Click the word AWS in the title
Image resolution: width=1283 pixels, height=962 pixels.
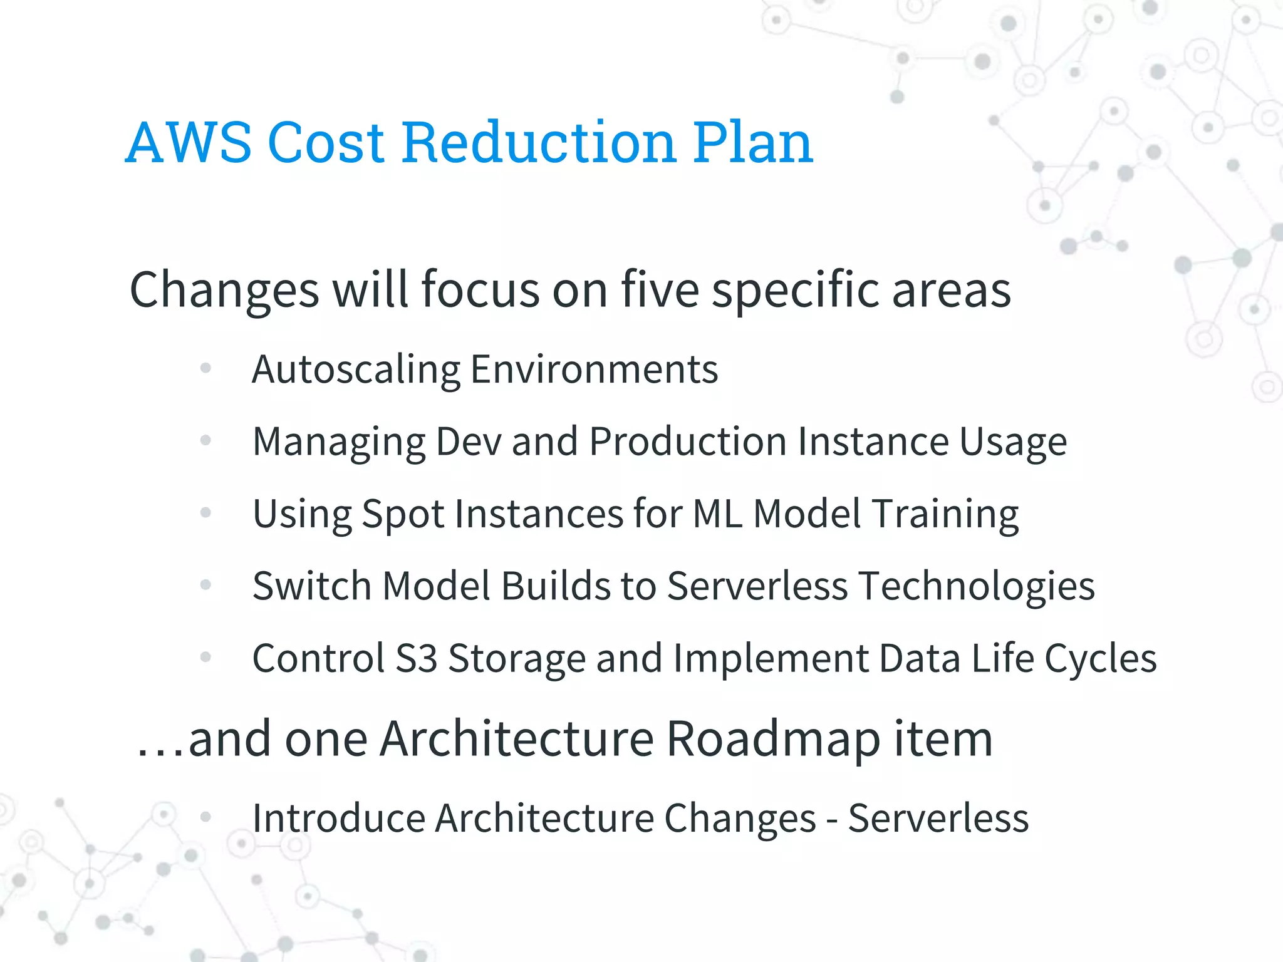tap(189, 143)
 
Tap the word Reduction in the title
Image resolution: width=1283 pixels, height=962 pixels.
tap(539, 143)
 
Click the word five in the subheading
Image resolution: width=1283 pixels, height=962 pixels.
tap(660, 289)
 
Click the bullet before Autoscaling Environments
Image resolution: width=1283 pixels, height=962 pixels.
tap(205, 368)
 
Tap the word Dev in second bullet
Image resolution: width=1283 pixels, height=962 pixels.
tap(469, 442)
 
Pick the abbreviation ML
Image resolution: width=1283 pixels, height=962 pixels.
tap(718, 514)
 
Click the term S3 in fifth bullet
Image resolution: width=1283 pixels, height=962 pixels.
tap(416, 658)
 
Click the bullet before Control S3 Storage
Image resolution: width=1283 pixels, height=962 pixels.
tap(205, 657)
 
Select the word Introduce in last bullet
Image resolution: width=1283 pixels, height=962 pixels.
tap(339, 819)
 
